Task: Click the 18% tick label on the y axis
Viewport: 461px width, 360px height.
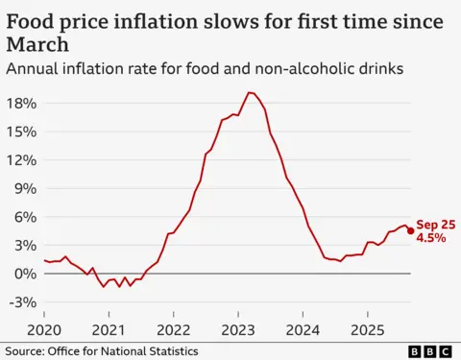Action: [x=21, y=103]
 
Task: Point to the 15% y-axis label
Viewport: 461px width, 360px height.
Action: [x=21, y=132]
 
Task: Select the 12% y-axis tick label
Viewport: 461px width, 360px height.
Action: [x=21, y=159]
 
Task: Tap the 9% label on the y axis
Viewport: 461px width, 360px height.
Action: [x=25, y=188]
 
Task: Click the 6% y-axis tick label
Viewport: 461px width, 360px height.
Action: [x=25, y=217]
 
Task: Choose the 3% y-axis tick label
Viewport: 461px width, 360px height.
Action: [x=25, y=245]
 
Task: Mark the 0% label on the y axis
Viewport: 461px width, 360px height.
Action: [x=25, y=274]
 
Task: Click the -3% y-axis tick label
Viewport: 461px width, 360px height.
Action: [x=22, y=302]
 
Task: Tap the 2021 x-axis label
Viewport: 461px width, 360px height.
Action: [x=109, y=329]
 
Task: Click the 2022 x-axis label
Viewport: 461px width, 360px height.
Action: [x=173, y=329]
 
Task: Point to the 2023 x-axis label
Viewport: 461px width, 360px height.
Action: [x=238, y=329]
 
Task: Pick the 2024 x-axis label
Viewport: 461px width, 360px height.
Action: [x=303, y=329]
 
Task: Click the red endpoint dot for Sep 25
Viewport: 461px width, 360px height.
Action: [x=411, y=230]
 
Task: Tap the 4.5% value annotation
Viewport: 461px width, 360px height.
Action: [x=430, y=237]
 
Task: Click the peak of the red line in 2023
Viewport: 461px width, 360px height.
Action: [x=249, y=92]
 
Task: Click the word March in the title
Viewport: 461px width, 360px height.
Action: [x=37, y=44]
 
